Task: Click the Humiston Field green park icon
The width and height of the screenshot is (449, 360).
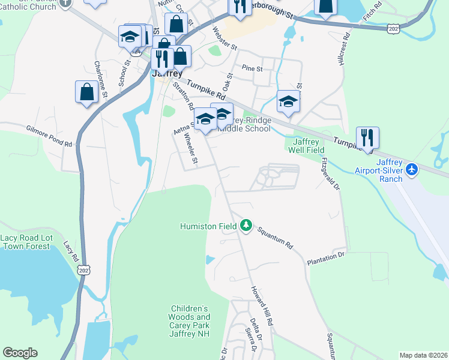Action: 246,226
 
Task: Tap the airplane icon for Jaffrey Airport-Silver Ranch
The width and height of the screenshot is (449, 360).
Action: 412,170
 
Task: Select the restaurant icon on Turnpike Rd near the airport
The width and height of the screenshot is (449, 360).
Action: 367,137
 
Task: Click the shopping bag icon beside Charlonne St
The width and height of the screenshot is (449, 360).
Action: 86,92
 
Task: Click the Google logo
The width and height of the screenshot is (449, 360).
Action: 20,353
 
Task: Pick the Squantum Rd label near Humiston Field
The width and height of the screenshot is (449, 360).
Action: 274,237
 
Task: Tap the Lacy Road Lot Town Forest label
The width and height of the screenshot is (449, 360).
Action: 26,242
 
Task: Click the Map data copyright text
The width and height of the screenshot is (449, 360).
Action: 424,355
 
